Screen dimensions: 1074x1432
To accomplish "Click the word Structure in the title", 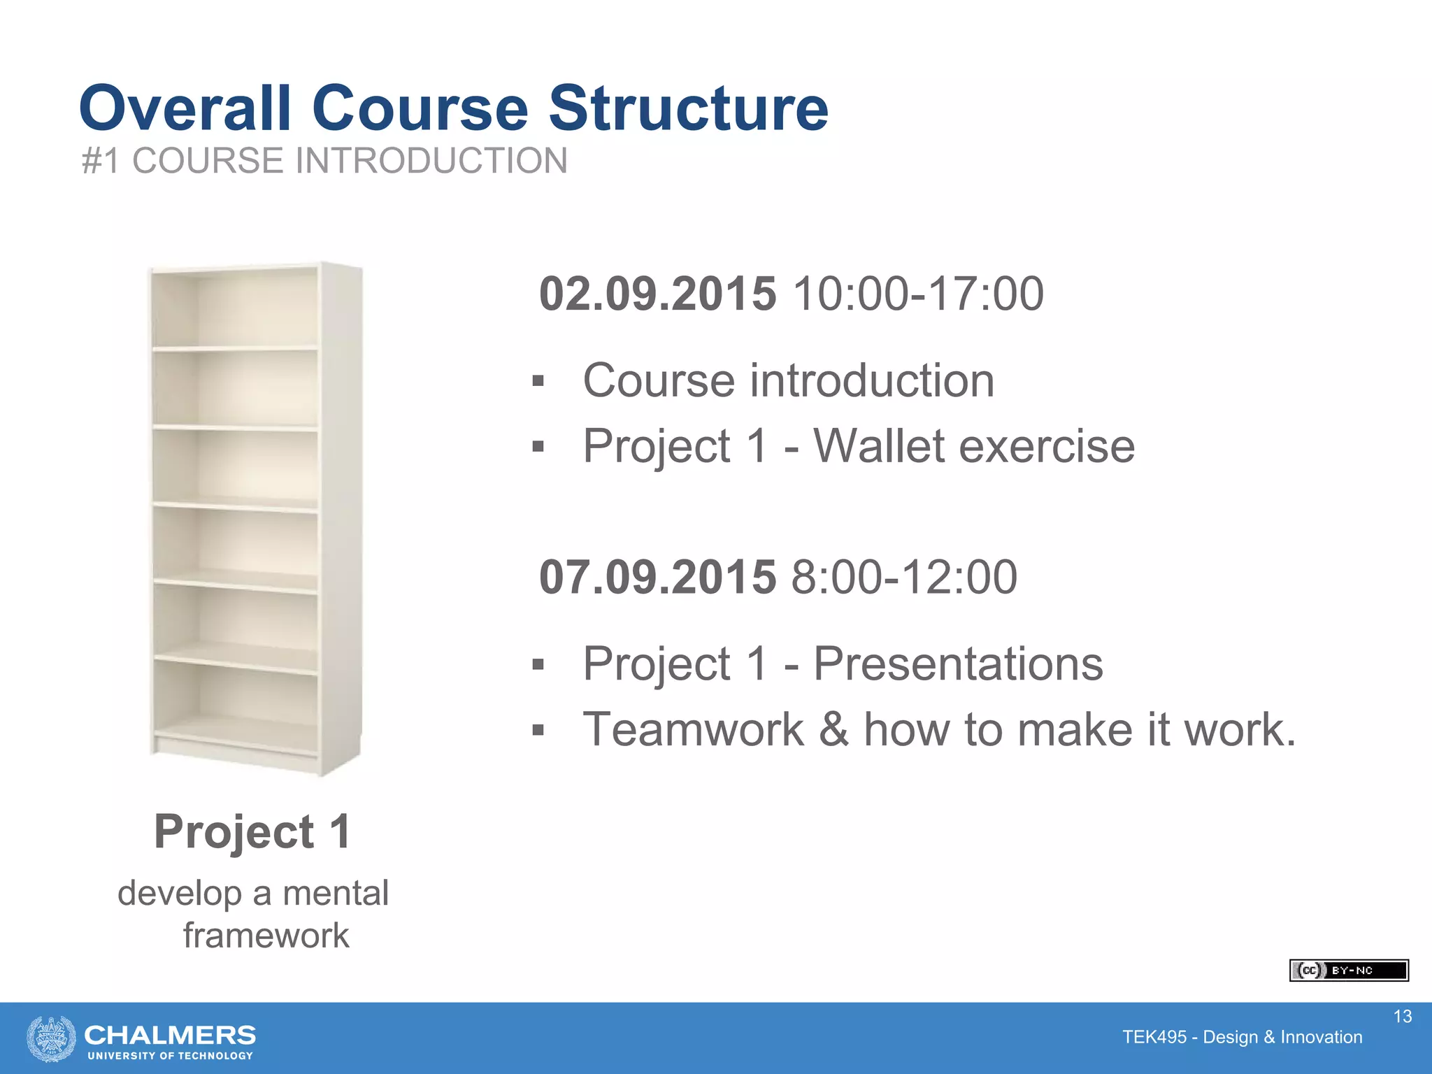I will click(x=688, y=108).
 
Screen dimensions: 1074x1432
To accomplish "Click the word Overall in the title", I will click(x=185, y=108).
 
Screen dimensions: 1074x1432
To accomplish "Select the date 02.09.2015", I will click(x=657, y=294).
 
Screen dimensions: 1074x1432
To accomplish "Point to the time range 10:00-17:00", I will click(x=918, y=294).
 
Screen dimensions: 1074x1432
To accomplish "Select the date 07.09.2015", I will click(x=657, y=578).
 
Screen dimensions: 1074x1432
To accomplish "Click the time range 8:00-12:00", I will click(x=904, y=578).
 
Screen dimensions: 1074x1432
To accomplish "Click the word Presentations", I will click(x=958, y=664).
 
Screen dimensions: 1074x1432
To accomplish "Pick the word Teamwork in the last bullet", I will click(x=694, y=729).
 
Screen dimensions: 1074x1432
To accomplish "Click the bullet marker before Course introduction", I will click(x=538, y=382).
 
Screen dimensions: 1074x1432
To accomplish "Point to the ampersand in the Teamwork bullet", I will click(x=834, y=729).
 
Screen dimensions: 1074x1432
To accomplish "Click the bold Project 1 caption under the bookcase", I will click(x=252, y=832).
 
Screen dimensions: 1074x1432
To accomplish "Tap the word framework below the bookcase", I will click(x=266, y=936).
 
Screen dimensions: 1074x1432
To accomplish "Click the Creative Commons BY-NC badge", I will click(x=1348, y=971).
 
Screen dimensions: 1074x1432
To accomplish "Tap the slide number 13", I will click(x=1403, y=1017).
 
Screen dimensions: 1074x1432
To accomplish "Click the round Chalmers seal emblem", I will click(x=51, y=1038).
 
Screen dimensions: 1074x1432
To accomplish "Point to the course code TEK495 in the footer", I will click(x=1154, y=1038).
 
